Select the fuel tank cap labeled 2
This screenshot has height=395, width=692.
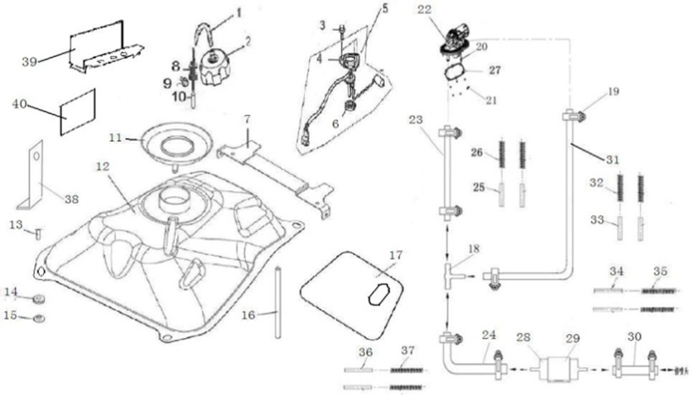pos(216,67)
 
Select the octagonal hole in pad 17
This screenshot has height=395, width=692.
pos(378,295)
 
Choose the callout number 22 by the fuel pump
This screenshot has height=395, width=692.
pos(424,10)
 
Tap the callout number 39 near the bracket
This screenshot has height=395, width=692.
pos(29,62)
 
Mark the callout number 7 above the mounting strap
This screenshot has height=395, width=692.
pos(247,121)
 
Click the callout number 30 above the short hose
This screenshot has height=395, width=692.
pos(634,336)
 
